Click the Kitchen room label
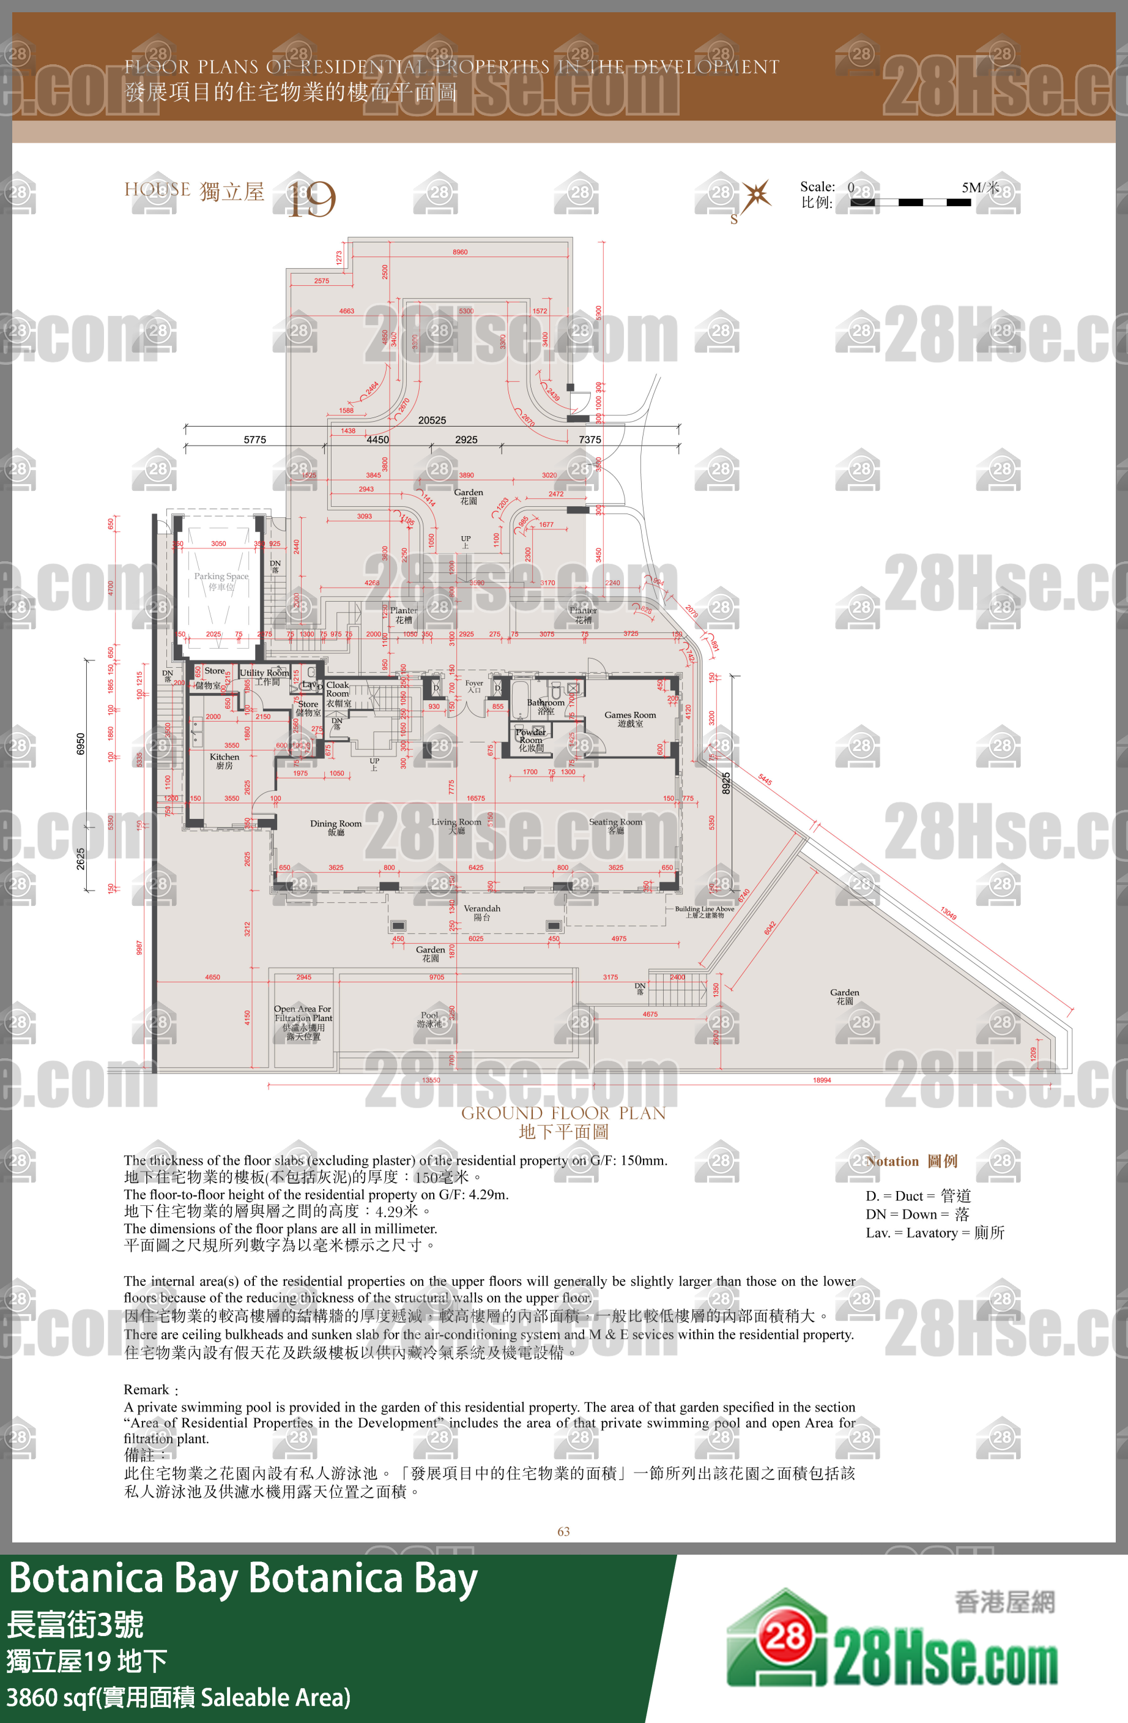pyautogui.click(x=224, y=761)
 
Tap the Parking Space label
pyautogui.click(x=221, y=581)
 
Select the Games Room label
pyautogui.click(x=630, y=718)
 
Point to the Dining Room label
pyautogui.click(x=336, y=828)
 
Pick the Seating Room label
pyautogui.click(x=616, y=825)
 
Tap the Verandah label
pyautogui.click(x=482, y=912)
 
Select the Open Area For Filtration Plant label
pyautogui.click(x=303, y=1022)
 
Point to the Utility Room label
pyautogui.click(x=265, y=676)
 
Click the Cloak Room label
pyautogui.click(x=338, y=693)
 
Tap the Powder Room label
pyautogui.click(x=531, y=739)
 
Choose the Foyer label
pyautogui.click(x=474, y=686)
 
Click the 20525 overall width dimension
pyautogui.click(x=432, y=420)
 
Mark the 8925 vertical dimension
pyautogui.click(x=725, y=783)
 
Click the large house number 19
pyautogui.click(x=312, y=199)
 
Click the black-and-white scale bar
pyautogui.click(x=910, y=203)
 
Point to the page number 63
pyautogui.click(x=563, y=1531)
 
